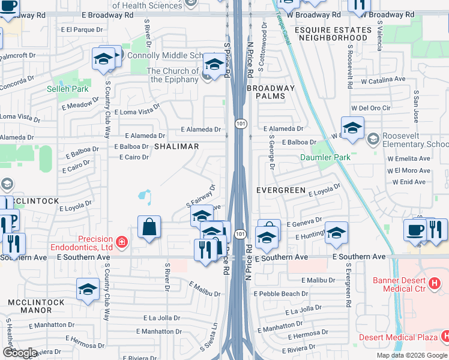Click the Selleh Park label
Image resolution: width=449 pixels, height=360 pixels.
68,89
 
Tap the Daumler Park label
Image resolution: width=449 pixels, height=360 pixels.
325,158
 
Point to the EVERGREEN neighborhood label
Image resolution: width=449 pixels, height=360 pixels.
281,190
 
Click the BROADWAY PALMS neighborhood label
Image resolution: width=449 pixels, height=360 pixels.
271,92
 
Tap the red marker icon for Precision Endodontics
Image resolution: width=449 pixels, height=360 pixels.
122,242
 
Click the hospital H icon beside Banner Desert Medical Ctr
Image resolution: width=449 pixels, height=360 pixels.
434,282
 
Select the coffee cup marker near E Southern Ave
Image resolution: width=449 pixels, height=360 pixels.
415,230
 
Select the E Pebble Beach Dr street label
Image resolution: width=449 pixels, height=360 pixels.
280,294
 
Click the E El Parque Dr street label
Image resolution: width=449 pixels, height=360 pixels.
77,29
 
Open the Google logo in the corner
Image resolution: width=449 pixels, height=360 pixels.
20,353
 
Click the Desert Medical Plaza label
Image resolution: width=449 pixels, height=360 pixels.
398,337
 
